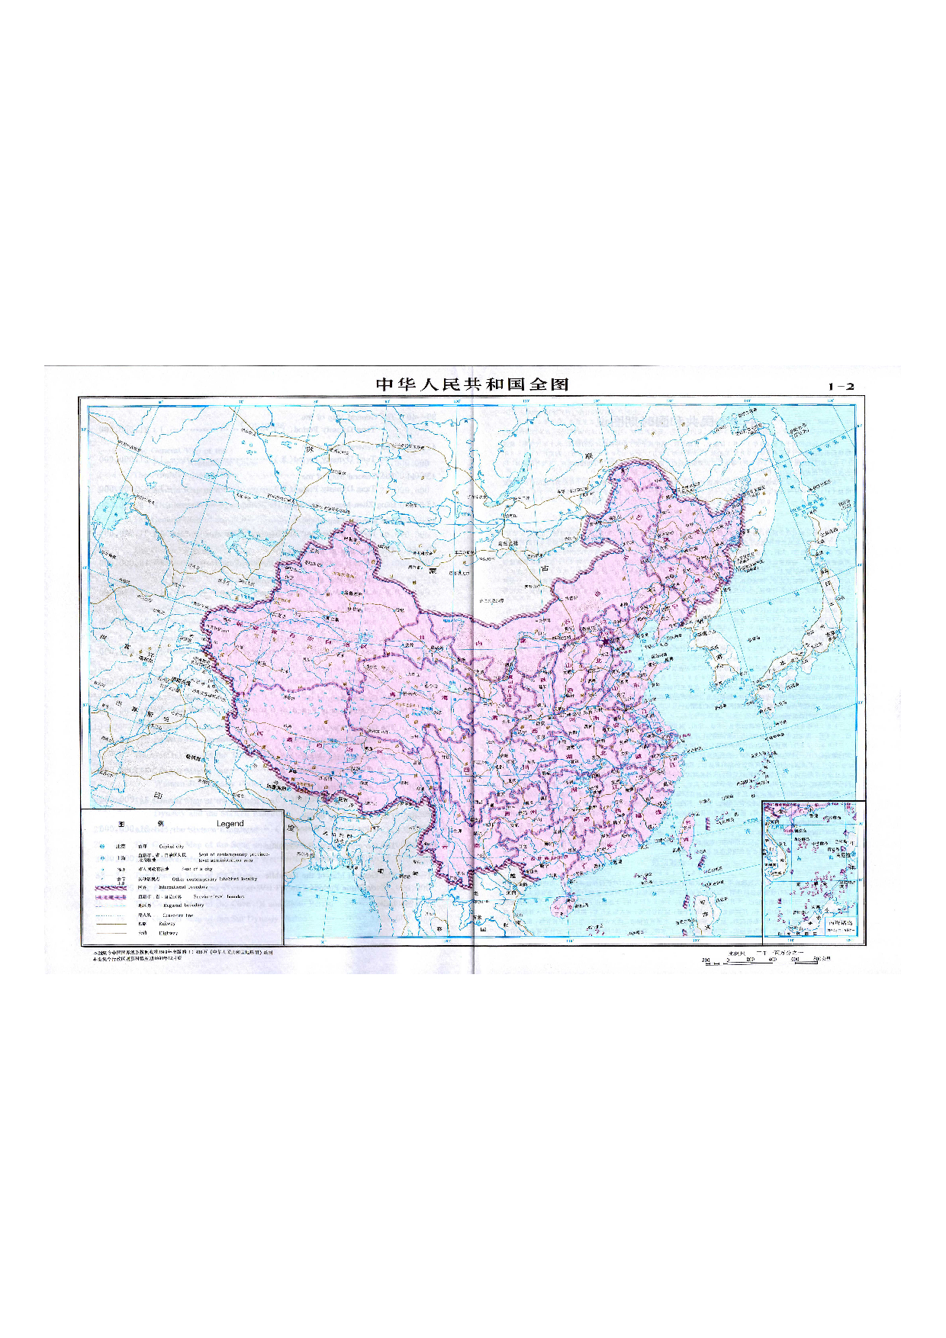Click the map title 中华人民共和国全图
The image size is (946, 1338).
tap(473, 384)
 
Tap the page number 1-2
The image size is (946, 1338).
tap(841, 386)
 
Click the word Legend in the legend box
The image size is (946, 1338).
tap(230, 824)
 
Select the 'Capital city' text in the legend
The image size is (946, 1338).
tap(172, 846)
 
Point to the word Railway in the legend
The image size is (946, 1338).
tap(168, 923)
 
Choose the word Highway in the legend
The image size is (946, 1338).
tap(168, 933)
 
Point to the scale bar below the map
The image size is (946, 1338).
tap(763, 960)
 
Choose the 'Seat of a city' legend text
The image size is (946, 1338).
tap(197, 869)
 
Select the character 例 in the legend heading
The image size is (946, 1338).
tap(160, 824)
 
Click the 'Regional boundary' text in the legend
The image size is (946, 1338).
tap(183, 905)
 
